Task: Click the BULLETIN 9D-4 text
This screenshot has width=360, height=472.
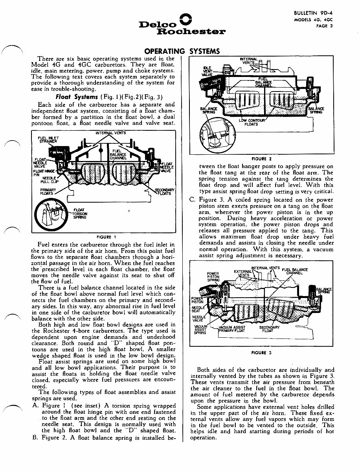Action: click(x=314, y=13)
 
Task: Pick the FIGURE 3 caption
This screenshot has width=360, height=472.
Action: click(x=261, y=353)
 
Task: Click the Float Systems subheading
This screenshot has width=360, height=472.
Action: click(x=77, y=97)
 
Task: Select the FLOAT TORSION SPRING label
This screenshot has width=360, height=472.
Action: click(x=81, y=214)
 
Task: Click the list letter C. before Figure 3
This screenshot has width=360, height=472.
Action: click(x=192, y=199)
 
